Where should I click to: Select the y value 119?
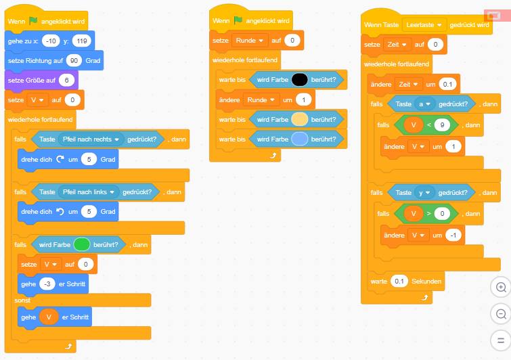point(81,41)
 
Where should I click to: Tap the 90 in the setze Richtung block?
point(74,60)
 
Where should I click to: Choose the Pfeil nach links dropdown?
point(88,192)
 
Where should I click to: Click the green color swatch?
point(82,244)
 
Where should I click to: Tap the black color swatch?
point(300,80)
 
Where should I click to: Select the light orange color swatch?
point(300,120)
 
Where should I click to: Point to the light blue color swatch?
point(300,139)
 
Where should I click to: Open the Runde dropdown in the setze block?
point(250,41)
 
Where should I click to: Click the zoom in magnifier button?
point(501,288)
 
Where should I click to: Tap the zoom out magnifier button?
point(501,314)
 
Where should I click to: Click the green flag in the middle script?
point(238,20)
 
